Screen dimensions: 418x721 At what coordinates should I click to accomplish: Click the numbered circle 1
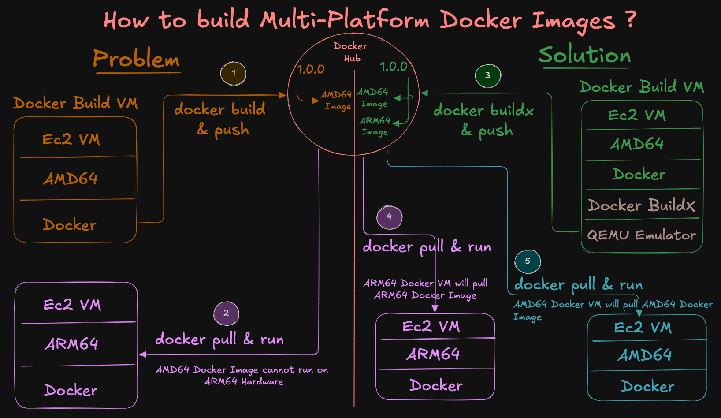233,74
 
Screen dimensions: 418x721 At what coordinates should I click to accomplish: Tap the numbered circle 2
226,313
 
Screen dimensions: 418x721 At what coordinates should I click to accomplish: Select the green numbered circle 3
487,75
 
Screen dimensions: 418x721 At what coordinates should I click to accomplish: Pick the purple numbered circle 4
389,217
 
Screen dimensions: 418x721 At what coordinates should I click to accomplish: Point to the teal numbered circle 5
528,261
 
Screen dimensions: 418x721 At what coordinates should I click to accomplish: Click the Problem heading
136,59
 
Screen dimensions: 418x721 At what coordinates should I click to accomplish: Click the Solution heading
584,55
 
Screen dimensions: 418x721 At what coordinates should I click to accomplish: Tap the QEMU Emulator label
641,235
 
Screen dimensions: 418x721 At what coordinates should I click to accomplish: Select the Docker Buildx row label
641,205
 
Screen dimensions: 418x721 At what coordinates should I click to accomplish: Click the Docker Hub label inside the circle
351,52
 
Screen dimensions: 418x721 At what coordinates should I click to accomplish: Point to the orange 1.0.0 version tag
311,69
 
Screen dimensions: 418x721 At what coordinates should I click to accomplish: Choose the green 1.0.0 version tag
393,67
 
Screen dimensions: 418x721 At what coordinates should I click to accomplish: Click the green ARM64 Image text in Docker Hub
375,126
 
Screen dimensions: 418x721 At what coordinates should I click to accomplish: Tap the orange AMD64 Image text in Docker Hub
337,100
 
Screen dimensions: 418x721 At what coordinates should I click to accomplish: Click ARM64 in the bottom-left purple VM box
72,344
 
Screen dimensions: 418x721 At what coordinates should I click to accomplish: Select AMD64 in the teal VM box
644,355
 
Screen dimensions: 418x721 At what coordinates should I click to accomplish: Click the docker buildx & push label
484,120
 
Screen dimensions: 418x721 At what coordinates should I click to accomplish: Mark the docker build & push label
220,119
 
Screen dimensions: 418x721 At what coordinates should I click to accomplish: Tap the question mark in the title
631,19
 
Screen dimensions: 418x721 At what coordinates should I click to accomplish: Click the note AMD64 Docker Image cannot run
242,375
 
